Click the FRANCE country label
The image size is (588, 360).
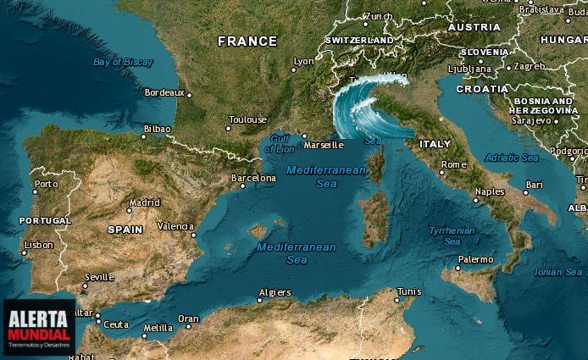click(x=247, y=41)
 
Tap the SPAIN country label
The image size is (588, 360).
click(x=125, y=230)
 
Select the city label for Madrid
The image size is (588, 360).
click(x=144, y=202)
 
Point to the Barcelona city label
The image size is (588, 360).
click(x=253, y=178)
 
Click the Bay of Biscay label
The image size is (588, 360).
click(x=123, y=62)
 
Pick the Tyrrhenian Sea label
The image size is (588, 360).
click(x=452, y=235)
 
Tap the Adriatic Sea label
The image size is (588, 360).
click(x=511, y=158)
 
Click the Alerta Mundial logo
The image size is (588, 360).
click(x=38, y=326)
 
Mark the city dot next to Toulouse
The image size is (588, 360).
click(x=228, y=128)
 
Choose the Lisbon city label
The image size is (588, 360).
click(x=38, y=244)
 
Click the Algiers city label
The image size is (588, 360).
click(x=275, y=292)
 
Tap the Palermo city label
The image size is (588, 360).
click(x=475, y=259)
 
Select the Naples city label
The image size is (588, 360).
click(x=490, y=191)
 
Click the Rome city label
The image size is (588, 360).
click(x=454, y=164)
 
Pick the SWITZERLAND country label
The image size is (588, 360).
click(x=358, y=40)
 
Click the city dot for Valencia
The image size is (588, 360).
click(x=194, y=235)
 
